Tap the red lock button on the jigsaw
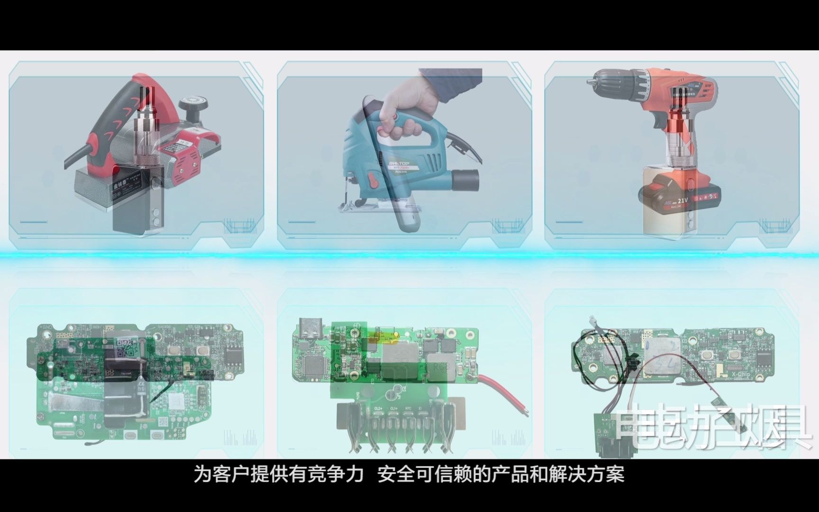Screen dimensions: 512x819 click(373, 181)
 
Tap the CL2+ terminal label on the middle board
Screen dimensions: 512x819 click(378, 408)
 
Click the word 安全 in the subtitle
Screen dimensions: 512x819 click(396, 474)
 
